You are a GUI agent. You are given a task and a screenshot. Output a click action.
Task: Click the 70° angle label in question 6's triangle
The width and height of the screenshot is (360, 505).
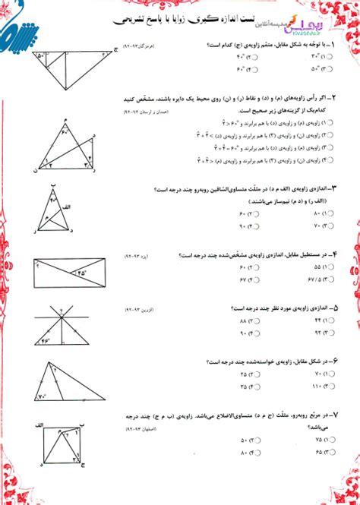pos(44,394)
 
